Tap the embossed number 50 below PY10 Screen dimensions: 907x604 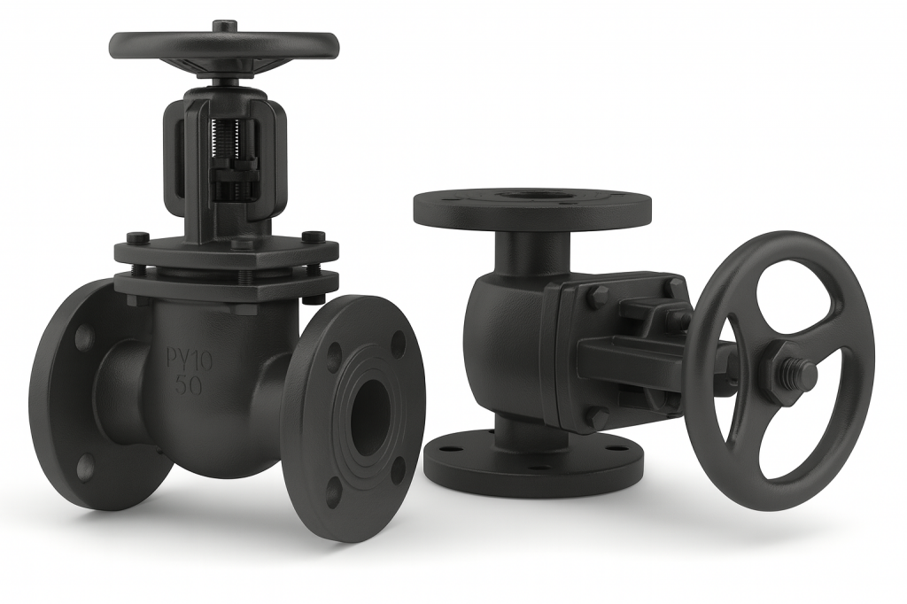[x=189, y=386]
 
